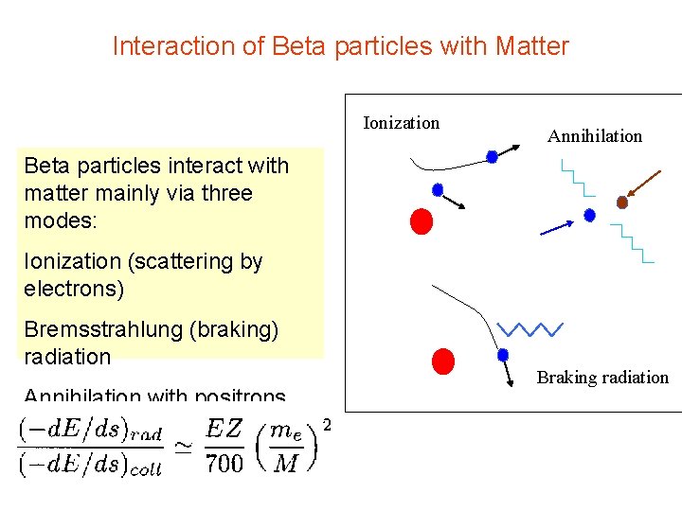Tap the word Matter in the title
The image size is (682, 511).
click(534, 45)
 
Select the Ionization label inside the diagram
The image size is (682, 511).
click(402, 123)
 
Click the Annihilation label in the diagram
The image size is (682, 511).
click(594, 136)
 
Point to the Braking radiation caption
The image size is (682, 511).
click(602, 378)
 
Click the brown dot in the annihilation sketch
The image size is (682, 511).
click(622, 202)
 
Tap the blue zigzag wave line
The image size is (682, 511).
click(529, 329)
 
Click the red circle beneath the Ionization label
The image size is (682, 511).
click(422, 220)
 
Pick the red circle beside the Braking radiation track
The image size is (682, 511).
click(442, 361)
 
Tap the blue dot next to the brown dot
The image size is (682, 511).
click(589, 216)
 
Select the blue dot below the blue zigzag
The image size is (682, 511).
click(503, 355)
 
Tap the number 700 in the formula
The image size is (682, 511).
click(224, 462)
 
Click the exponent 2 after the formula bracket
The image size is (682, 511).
click(327, 425)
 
